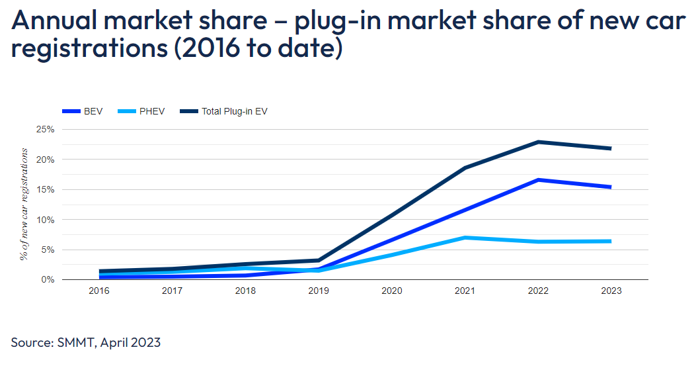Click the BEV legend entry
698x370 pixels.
click(83, 112)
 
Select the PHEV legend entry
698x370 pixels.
click(143, 112)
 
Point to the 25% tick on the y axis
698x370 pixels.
click(45, 129)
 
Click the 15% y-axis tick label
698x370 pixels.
click(45, 189)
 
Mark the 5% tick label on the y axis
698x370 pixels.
click(47, 250)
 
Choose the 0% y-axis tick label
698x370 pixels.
click(47, 280)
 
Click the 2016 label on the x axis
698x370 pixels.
click(99, 291)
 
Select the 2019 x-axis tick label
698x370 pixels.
click(319, 291)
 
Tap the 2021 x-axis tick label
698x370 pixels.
click(465, 291)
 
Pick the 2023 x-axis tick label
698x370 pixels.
click(611, 291)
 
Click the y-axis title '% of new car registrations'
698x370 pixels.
click(24, 204)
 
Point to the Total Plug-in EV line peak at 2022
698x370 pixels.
click(538, 142)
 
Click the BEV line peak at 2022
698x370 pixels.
click(538, 179)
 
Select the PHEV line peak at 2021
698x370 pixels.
click(465, 238)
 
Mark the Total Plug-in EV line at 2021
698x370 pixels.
click(465, 168)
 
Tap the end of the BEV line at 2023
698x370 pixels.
click(610, 187)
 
